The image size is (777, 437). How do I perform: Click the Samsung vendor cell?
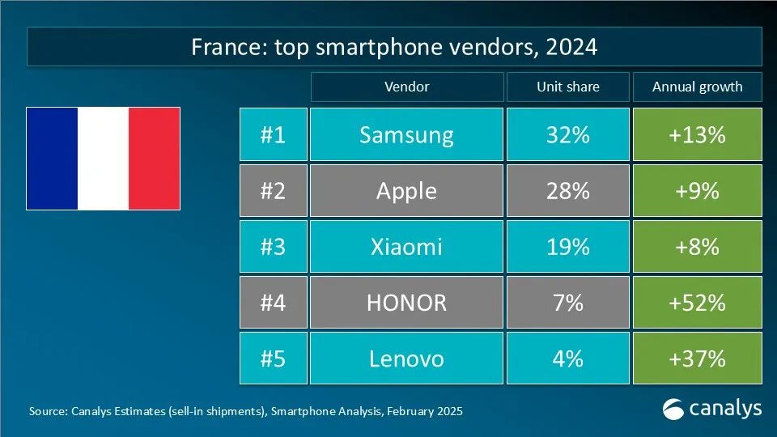pos(406,134)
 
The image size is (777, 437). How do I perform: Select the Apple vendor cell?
pos(406,190)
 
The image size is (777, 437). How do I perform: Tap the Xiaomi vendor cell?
pos(406,246)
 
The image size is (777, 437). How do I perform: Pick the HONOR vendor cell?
pos(406,302)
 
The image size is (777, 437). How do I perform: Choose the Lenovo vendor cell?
pos(406,358)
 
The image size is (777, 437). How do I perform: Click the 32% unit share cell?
pos(567,134)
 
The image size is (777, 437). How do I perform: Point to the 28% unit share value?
pos(567,190)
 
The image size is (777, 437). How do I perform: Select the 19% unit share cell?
pos(567,246)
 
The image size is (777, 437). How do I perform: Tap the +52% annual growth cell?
pos(697,302)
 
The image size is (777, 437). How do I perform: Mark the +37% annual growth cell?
pos(697,358)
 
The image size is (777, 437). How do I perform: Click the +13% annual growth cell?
pos(697,134)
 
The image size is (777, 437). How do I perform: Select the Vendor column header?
pos(406,87)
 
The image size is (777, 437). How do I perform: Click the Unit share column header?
pos(567,87)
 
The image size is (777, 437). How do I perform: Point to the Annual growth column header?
pos(697,87)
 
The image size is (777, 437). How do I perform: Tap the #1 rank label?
pos(273,134)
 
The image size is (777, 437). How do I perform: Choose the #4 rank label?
pos(273,302)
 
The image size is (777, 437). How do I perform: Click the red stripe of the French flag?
pos(155,159)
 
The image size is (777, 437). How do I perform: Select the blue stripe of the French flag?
pos(53,159)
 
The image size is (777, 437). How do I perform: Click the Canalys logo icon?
pos(673,409)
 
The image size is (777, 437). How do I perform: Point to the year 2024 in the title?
pos(571,47)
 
